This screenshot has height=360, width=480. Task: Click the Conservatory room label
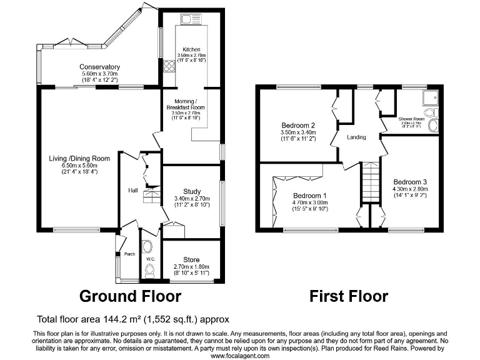[x=99, y=67]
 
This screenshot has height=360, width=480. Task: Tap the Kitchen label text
[x=191, y=49]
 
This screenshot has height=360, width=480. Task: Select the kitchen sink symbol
[x=186, y=18]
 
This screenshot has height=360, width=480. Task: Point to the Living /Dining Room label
[x=79, y=159]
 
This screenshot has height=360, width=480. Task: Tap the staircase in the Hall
[x=152, y=197]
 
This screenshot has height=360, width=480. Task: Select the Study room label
[x=191, y=191]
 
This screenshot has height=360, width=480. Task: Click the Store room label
[x=191, y=259]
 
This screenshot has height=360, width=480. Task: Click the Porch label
[x=129, y=254]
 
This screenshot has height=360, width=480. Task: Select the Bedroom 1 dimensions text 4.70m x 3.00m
[x=309, y=202]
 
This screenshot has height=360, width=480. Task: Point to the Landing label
[x=356, y=137]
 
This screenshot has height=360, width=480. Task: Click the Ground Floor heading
[x=130, y=296]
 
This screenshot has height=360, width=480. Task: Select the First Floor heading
[x=349, y=296]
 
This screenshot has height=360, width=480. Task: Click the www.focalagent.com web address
[x=240, y=356]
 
